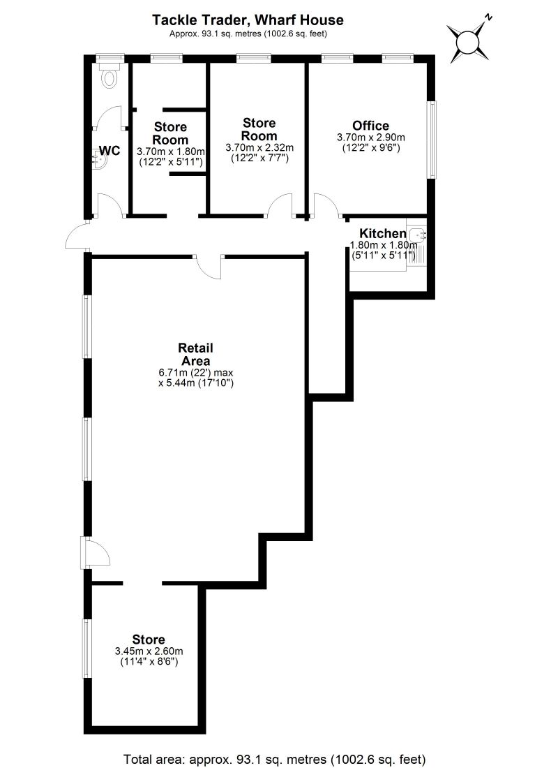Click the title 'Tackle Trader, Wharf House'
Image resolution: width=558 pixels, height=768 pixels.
[x=248, y=20]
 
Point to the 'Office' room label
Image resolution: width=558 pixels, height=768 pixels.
[x=370, y=126]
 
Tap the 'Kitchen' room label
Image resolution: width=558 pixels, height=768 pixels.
[x=383, y=233]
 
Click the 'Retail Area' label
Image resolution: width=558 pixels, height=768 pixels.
[x=195, y=354]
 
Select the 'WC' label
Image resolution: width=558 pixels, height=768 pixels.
[x=110, y=150]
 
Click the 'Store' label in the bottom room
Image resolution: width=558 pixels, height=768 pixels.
[x=149, y=640]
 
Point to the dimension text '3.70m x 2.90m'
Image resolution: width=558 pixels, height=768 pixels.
[x=370, y=138]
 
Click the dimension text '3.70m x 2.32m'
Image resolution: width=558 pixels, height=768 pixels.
[x=259, y=147]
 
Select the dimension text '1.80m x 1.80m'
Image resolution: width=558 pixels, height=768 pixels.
[x=383, y=245]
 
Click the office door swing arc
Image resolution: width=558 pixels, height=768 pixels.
[x=324, y=207]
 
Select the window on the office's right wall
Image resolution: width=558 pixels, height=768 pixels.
[x=432, y=140]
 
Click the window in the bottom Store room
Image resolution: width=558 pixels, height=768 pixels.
[x=86, y=647]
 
